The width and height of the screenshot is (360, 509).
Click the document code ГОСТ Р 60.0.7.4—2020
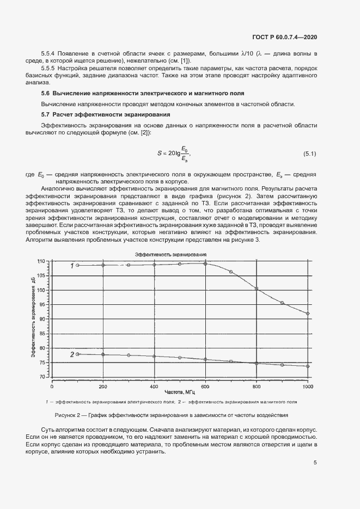[x=285, y=37]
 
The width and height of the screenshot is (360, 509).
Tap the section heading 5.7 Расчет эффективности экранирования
[x=107, y=114]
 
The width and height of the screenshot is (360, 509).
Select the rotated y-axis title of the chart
[x=33, y=317]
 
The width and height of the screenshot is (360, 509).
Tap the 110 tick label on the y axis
[x=41, y=261]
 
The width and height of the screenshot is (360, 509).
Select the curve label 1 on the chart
[x=71, y=266]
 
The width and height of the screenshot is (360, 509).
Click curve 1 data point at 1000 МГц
[x=308, y=314]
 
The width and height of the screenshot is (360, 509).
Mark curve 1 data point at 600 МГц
[x=205, y=263]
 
